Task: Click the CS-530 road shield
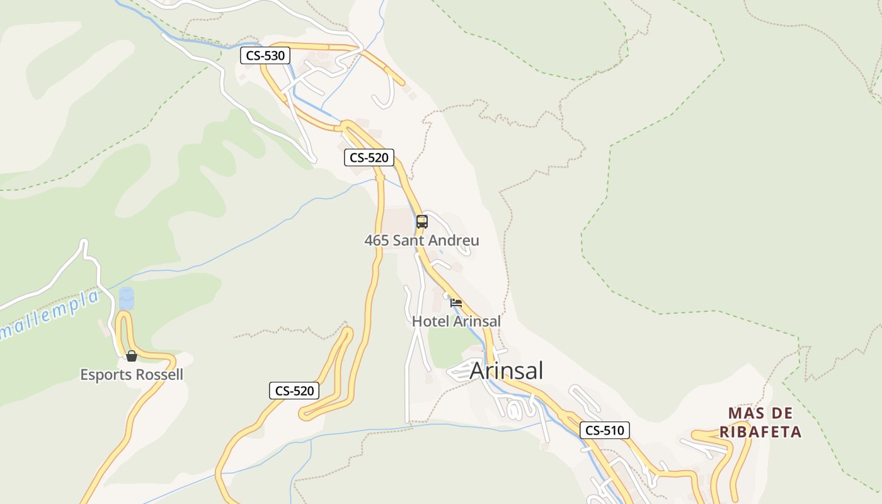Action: (x=265, y=55)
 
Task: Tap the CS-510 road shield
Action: (x=604, y=430)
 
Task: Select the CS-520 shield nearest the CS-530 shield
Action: (x=369, y=157)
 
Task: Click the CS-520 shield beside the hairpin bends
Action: (x=294, y=391)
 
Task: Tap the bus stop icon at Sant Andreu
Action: (x=422, y=222)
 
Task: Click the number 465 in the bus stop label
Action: (x=376, y=241)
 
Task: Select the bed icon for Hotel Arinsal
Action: (x=456, y=303)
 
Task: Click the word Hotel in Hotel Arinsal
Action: (x=430, y=321)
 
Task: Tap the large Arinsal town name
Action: (x=506, y=370)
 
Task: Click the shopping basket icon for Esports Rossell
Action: (x=131, y=356)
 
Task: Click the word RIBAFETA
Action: (x=760, y=432)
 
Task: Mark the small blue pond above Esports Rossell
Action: (x=127, y=298)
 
